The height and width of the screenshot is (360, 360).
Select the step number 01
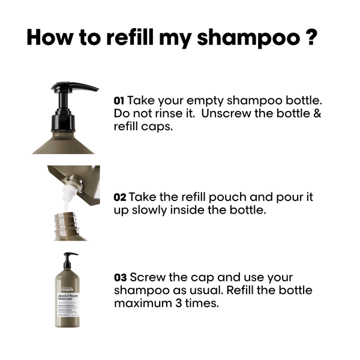(119, 100)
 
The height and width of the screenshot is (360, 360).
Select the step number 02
(119, 197)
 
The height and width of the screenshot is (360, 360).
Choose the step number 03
(119, 278)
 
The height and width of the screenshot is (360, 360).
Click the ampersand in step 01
(316, 113)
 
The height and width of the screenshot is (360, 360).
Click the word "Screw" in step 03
(148, 278)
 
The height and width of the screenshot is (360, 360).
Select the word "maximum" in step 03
(141, 304)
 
